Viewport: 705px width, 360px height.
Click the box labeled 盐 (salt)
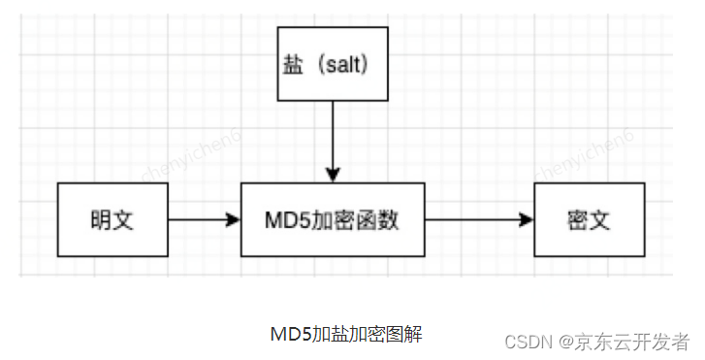coord(333,64)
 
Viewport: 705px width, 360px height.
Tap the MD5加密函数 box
coord(333,219)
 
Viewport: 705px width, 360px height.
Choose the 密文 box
coord(588,219)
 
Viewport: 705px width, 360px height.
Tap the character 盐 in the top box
coord(291,64)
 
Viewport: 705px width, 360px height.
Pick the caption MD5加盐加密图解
coord(346,334)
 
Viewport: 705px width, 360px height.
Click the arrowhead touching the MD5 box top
coord(333,176)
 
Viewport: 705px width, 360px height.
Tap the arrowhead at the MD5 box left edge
coord(233,219)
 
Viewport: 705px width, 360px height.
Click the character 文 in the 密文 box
coord(601,219)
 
